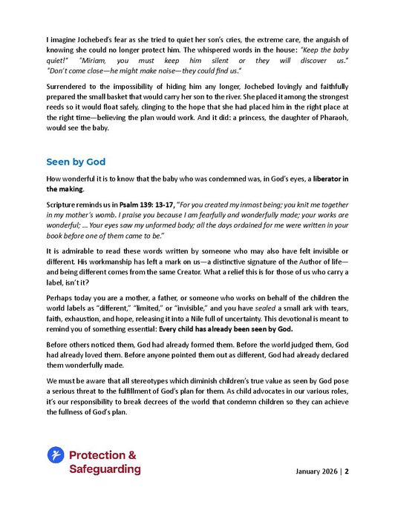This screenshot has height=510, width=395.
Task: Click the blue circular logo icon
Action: click(x=55, y=455)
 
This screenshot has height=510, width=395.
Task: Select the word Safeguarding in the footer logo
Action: click(x=105, y=469)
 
